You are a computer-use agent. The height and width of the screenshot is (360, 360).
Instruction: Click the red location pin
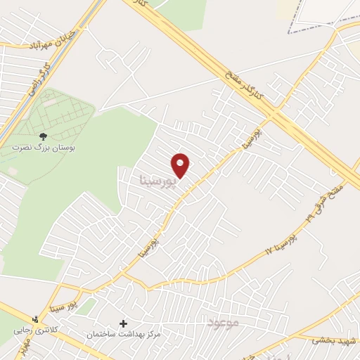(x=181, y=165)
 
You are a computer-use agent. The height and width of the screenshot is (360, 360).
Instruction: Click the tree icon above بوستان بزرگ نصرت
(x=44, y=136)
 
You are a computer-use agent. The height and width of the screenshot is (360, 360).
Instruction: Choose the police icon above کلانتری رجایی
(x=19, y=317)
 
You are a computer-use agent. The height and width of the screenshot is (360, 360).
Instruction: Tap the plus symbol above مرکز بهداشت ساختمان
(x=124, y=323)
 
